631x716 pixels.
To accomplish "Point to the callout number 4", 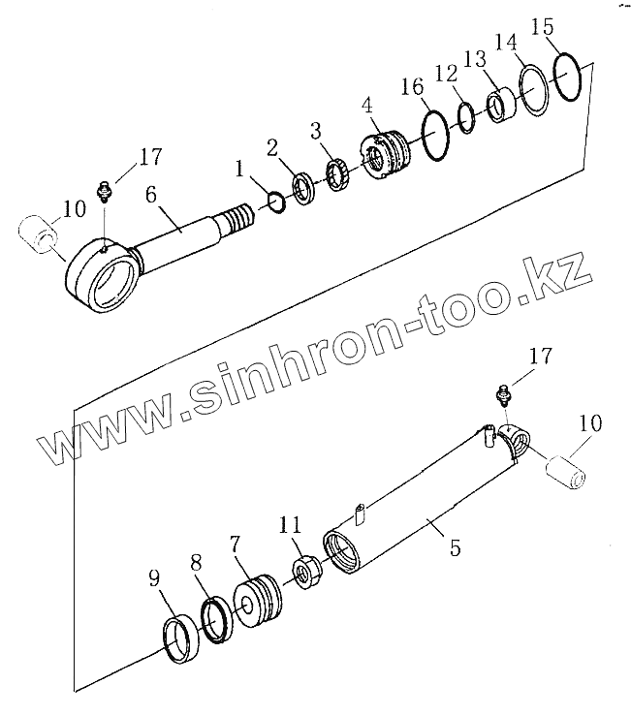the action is click(x=367, y=104).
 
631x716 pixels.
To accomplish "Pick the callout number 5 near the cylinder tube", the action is click(x=455, y=547).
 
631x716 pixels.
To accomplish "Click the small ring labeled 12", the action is click(x=466, y=115).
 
